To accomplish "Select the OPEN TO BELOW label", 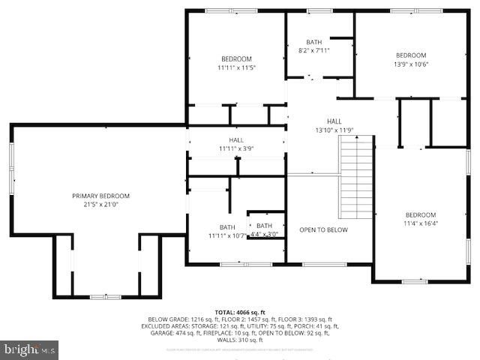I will (323, 230).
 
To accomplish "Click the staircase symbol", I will (357, 177).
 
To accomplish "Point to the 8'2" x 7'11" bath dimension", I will (314, 51).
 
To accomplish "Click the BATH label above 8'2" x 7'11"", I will (314, 42).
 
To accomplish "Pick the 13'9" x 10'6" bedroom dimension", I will (411, 64).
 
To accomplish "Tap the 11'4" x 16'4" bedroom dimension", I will (421, 223).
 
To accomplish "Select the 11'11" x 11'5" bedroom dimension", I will (236, 68).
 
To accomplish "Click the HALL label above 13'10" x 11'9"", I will (334, 121).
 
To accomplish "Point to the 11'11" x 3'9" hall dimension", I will (236, 148).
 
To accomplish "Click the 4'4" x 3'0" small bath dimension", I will (265, 235).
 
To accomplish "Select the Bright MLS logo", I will (30, 349).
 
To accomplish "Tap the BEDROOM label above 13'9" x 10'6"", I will (411, 55).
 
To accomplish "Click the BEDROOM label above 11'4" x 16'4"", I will (421, 214).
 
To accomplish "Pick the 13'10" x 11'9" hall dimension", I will (334, 130).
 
